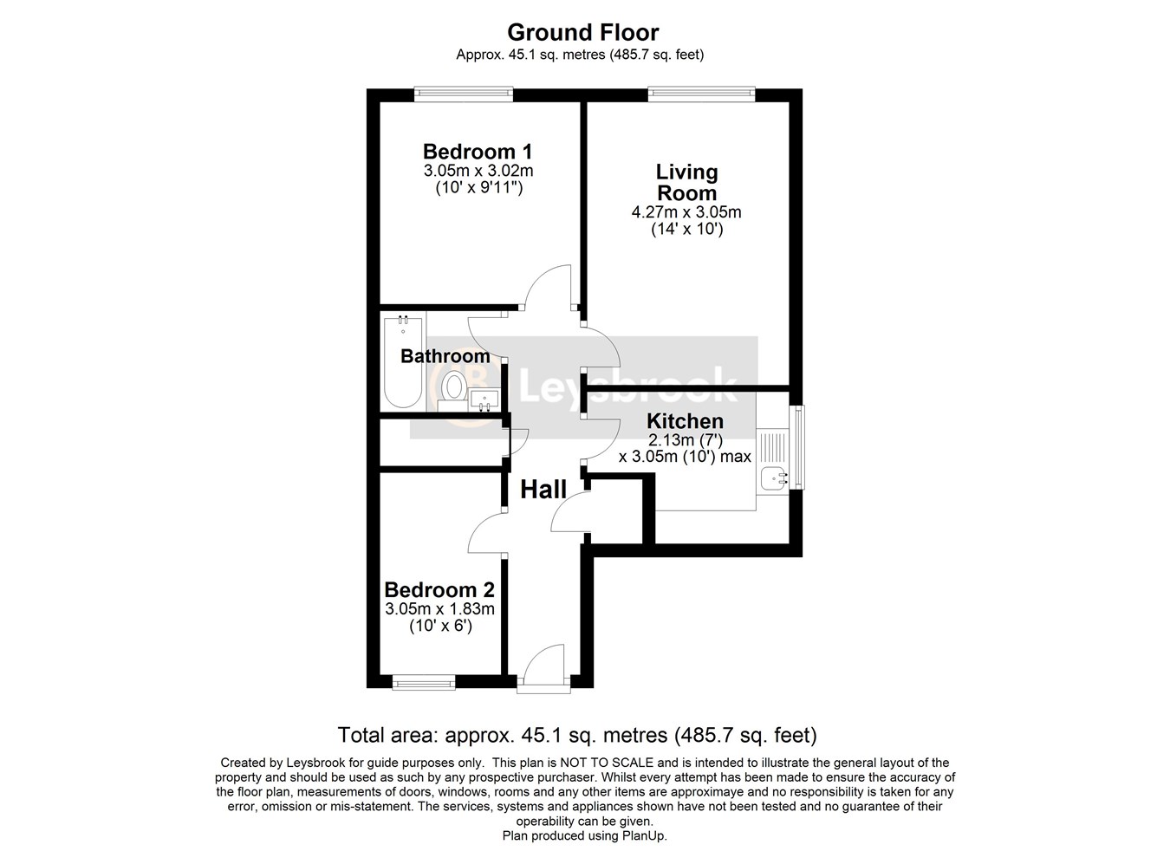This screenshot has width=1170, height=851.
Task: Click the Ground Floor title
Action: pyautogui.click(x=583, y=32)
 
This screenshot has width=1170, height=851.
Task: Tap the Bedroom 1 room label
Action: pyautogui.click(x=478, y=152)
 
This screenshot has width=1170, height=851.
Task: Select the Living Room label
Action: pyautogui.click(x=686, y=182)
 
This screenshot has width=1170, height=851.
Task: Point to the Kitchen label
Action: pyautogui.click(x=685, y=420)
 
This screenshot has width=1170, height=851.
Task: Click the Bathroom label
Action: pyautogui.click(x=445, y=356)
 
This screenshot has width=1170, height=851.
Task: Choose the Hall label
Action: pyautogui.click(x=543, y=490)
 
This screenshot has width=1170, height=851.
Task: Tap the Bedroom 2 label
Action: pyautogui.click(x=439, y=590)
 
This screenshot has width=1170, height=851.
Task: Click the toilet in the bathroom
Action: pyautogui.click(x=452, y=391)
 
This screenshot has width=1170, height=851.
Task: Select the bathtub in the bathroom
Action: pyautogui.click(x=403, y=362)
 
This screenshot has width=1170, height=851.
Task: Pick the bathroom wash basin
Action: pyautogui.click(x=484, y=400)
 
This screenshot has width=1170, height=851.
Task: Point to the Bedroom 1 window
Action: pyautogui.click(x=464, y=94)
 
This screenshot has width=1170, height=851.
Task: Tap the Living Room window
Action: pyautogui.click(x=701, y=94)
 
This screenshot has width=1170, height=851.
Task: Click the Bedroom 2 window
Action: pyautogui.click(x=424, y=682)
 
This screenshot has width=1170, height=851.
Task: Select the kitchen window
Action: pyautogui.click(x=797, y=447)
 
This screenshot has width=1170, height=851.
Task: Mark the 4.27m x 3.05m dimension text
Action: pyautogui.click(x=686, y=212)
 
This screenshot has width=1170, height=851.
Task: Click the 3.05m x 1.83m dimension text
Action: pyautogui.click(x=439, y=608)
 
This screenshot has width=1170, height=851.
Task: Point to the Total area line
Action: pyautogui.click(x=577, y=735)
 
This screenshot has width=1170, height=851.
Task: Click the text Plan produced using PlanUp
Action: pyautogui.click(x=584, y=836)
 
